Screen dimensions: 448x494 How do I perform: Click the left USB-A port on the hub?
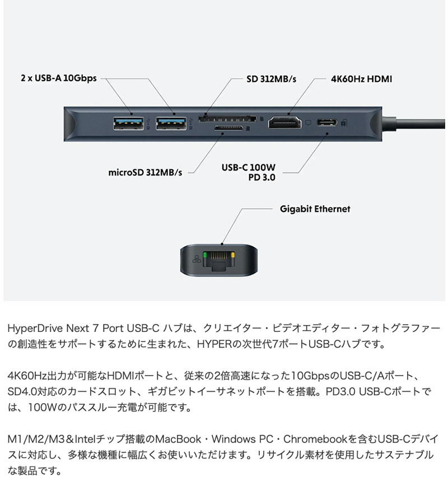pos(128,123)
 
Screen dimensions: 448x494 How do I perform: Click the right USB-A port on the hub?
pos(171,123)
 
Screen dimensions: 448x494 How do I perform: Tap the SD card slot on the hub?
pos(227,119)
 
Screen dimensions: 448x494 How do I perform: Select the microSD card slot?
pos(228,128)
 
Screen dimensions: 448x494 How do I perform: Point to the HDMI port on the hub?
pos(284,123)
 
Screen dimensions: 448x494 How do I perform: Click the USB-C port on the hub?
pos(327,122)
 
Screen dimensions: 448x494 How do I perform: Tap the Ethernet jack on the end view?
pos(218,260)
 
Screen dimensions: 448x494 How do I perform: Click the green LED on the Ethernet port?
pos(205,255)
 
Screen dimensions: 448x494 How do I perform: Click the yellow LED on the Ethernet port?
pos(233,255)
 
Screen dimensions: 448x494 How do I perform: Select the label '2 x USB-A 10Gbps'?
pos(59,78)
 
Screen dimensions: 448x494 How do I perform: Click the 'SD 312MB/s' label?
pos(271,79)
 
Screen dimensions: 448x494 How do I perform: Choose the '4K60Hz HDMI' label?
pos(362,79)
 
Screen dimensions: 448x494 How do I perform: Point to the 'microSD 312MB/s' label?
pos(145,172)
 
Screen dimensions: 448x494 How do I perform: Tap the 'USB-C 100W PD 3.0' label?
pos(249,172)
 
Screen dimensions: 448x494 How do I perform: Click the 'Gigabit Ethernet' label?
pos(315,209)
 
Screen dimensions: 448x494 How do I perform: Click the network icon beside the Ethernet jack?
pos(197,259)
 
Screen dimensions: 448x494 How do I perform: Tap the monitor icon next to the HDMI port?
pos(309,123)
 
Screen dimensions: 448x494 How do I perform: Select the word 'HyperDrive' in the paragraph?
pos(35,328)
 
